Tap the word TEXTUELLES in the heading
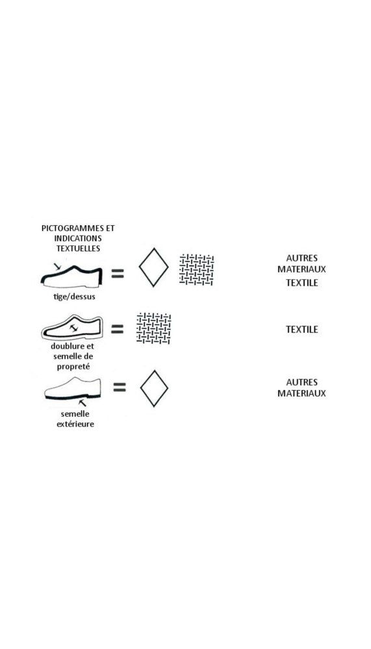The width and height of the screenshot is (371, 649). tap(78, 249)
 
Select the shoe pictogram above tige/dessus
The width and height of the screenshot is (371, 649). tap(71, 276)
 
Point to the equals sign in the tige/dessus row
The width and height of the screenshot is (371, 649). tap(118, 273)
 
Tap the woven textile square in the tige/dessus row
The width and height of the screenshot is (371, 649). tap(196, 270)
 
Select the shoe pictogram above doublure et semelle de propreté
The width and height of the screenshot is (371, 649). tap(71, 327)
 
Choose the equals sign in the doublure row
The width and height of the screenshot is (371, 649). tap(118, 329)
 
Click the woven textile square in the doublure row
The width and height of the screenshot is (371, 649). tap(154, 328)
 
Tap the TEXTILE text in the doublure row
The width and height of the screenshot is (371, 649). tap(302, 330)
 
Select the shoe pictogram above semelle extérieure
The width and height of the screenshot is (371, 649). tap(73, 388)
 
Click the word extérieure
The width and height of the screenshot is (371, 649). tap(75, 424)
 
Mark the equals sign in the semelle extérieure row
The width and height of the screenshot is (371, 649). tap(120, 387)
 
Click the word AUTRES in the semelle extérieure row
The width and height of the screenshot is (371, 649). tap(301, 382)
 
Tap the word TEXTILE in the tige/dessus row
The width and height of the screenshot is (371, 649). tap(302, 283)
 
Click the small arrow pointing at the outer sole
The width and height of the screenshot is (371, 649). tap(83, 403)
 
